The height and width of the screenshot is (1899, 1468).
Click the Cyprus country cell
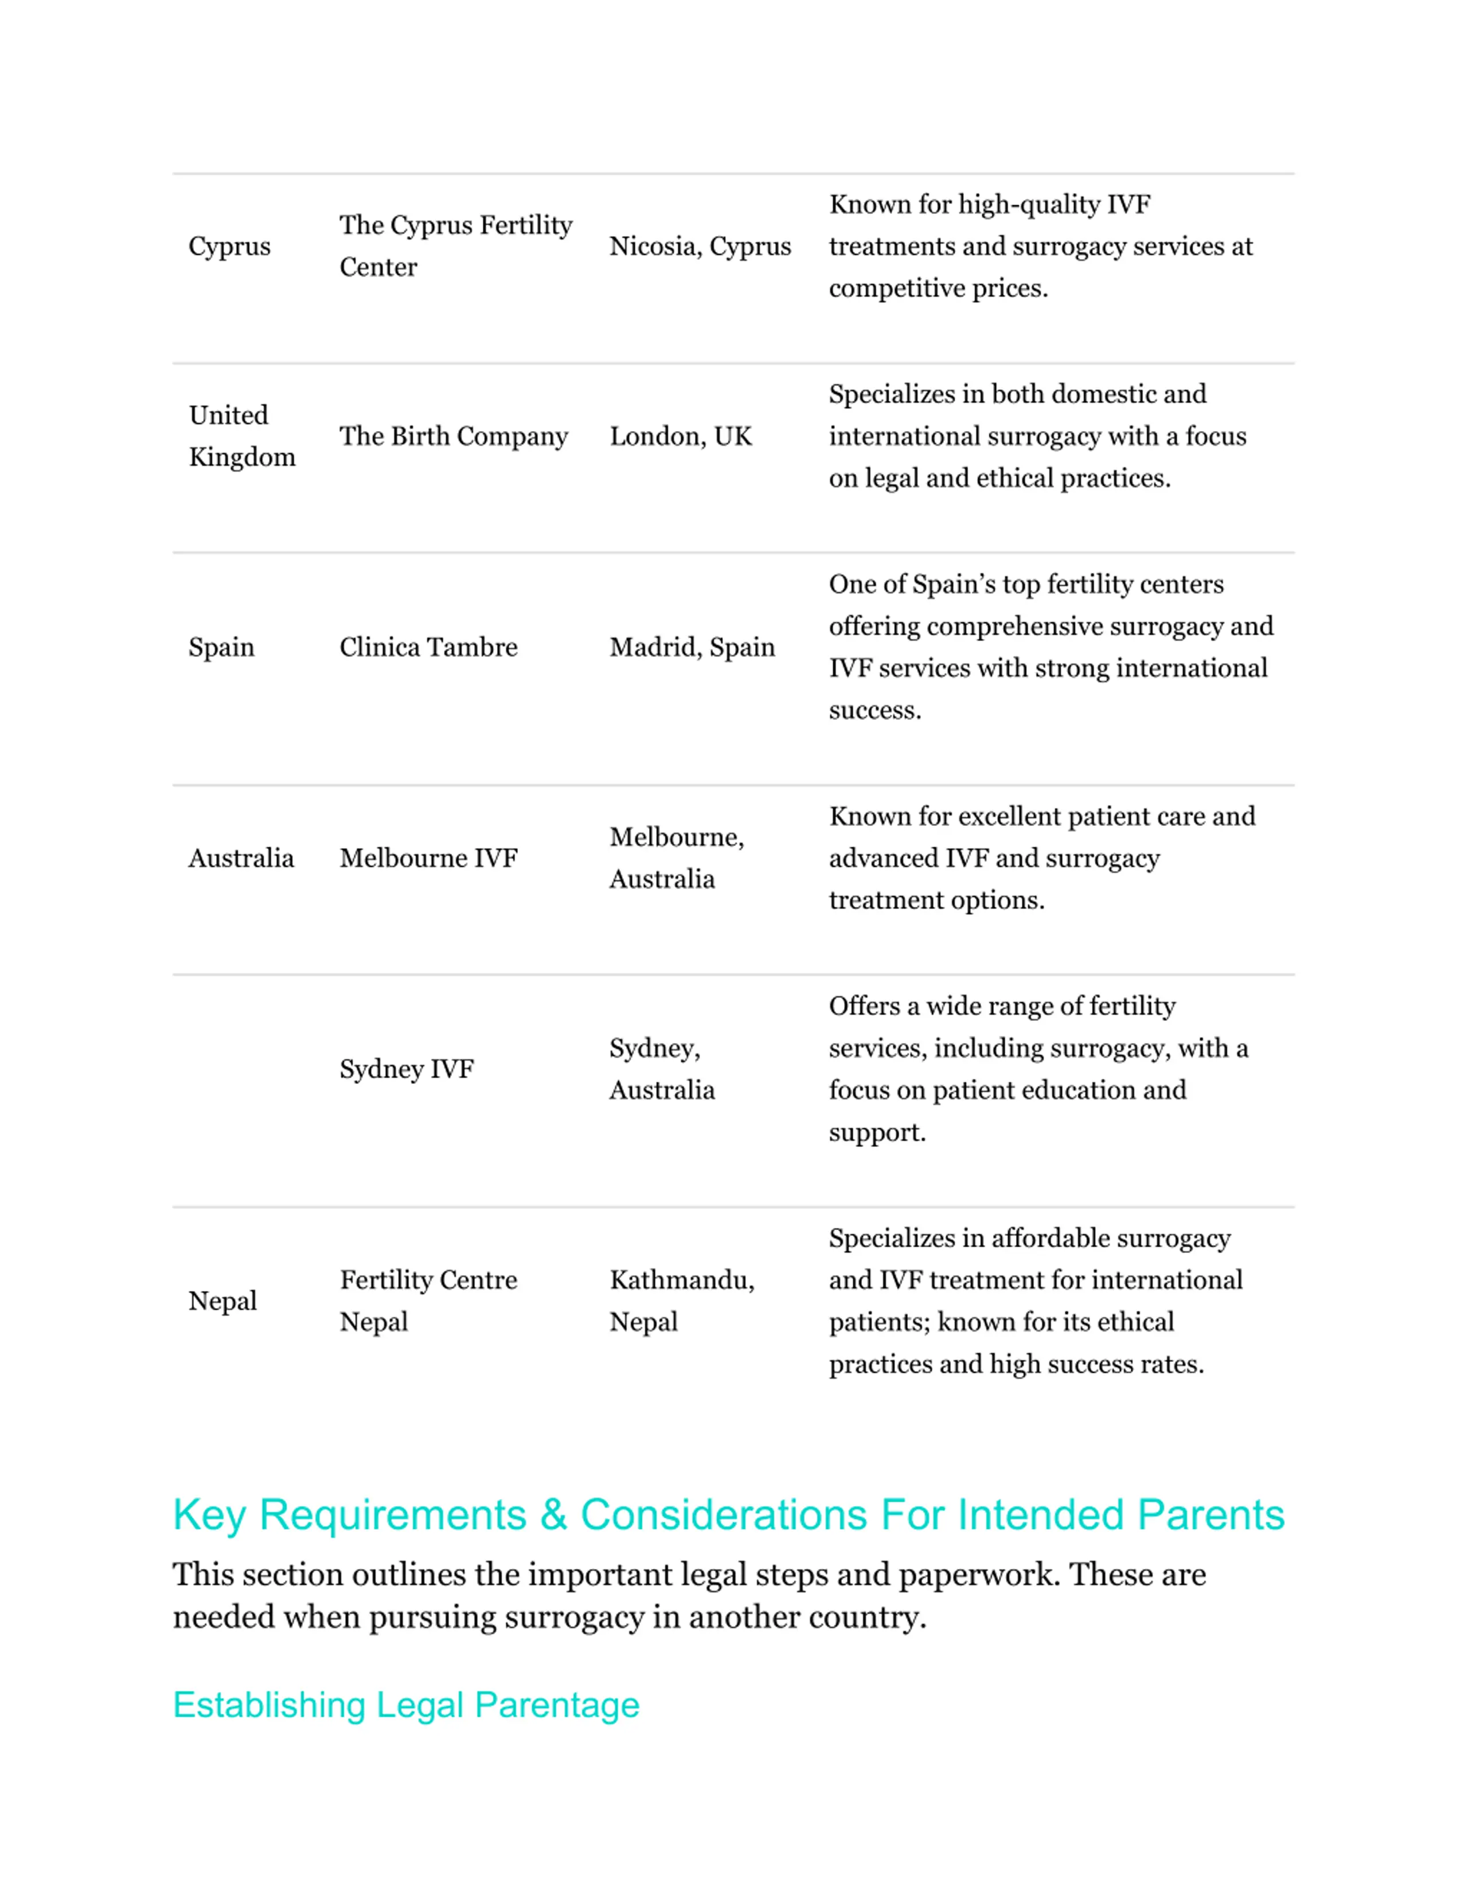(229, 246)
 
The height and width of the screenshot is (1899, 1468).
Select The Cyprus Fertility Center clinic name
(456, 246)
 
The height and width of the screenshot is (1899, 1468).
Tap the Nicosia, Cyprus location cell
(700, 246)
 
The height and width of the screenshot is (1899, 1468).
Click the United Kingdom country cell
(242, 436)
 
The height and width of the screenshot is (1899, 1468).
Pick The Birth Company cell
(453, 436)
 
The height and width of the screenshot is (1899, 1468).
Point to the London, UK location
(680, 436)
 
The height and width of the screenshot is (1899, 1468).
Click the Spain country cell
(222, 647)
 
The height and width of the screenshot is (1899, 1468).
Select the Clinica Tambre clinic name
(428, 647)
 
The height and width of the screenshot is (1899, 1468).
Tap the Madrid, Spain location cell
(692, 647)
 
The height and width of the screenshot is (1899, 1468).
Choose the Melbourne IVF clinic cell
(428, 858)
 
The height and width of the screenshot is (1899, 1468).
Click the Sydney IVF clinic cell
(406, 1068)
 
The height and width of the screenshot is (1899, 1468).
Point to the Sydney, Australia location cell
(662, 1068)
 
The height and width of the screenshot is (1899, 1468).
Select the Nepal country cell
(222, 1301)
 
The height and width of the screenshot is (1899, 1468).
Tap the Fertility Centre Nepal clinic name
(428, 1301)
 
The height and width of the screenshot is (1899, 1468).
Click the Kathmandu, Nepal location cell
(682, 1301)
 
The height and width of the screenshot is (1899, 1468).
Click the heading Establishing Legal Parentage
(406, 1705)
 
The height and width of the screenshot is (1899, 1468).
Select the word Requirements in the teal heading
(393, 1515)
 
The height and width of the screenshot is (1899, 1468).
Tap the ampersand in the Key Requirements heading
(553, 1515)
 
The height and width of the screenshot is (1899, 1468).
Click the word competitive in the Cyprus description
(897, 288)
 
